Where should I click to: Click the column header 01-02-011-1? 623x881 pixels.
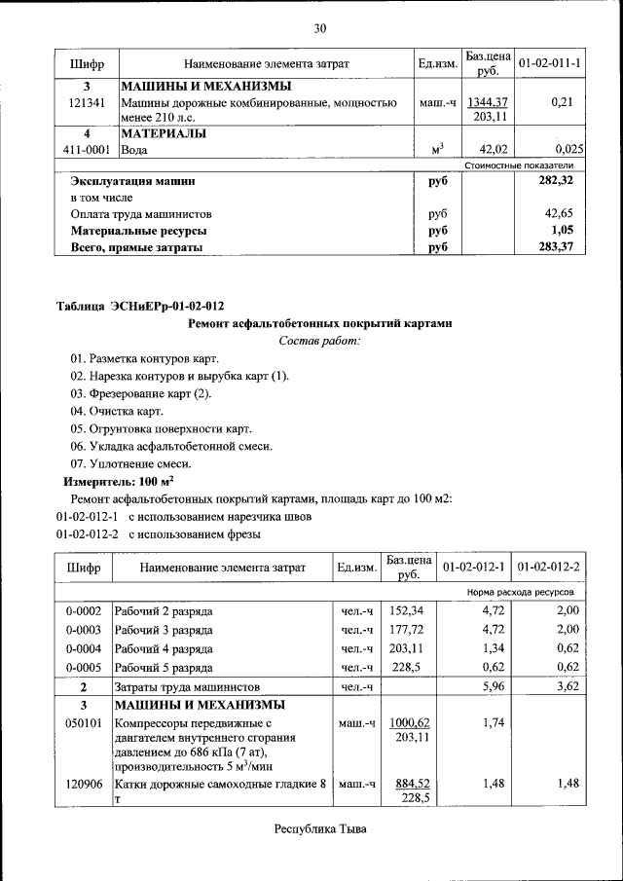(549, 64)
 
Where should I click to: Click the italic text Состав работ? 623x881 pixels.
(319, 341)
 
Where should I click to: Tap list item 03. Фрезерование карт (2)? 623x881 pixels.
(140, 393)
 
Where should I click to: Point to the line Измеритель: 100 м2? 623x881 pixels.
(119, 482)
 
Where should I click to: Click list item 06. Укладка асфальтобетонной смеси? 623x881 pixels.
(171, 446)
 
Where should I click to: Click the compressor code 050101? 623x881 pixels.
(83, 724)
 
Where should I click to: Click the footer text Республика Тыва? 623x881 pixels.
(319, 830)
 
